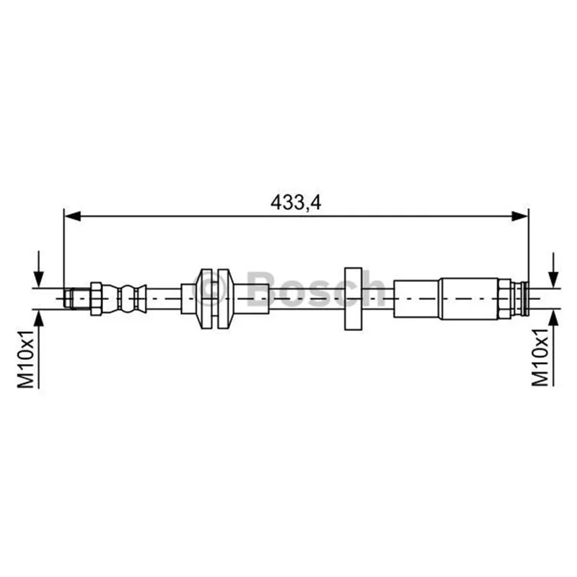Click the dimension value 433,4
click(296, 202)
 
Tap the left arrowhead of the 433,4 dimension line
click(73, 216)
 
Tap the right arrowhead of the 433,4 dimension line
click(519, 216)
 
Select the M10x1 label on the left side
click(26, 358)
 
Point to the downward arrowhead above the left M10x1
click(39, 279)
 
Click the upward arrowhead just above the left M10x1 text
click(39, 318)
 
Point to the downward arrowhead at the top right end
click(553, 279)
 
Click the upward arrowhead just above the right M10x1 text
click(553, 318)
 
